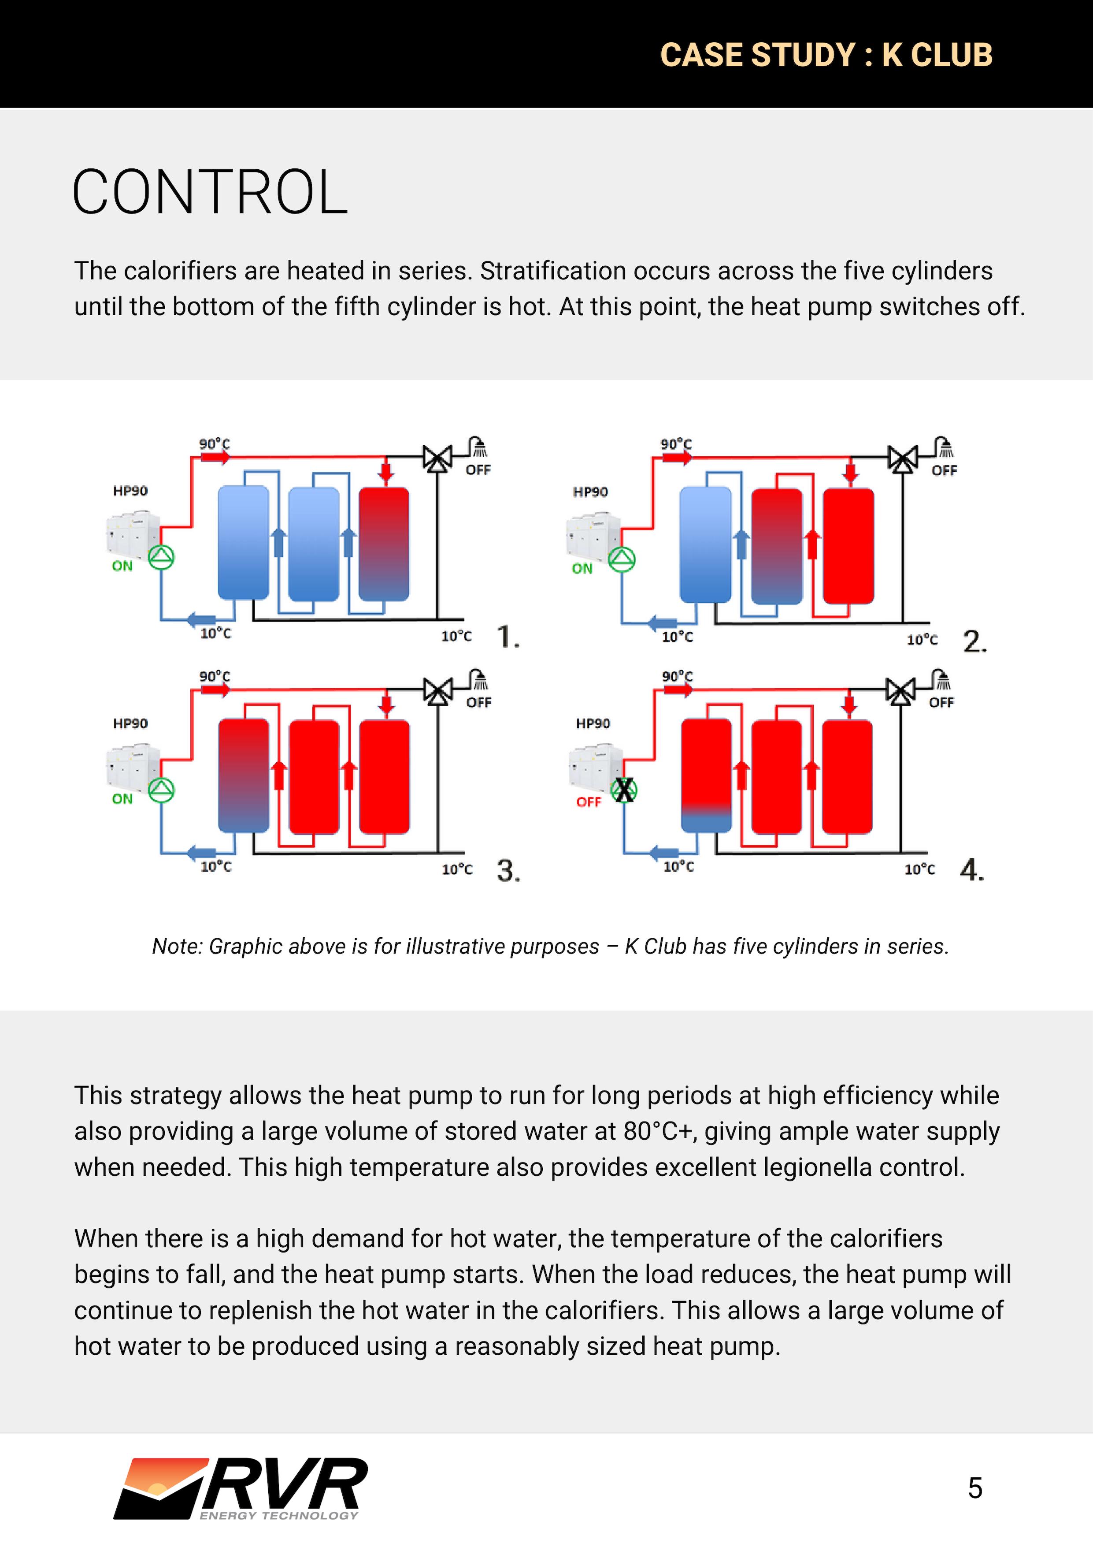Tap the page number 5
[x=974, y=1488]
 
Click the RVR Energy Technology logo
[x=241, y=1488]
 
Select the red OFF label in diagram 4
[x=588, y=802]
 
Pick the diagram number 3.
[x=508, y=871]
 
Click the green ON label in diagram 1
[x=122, y=566]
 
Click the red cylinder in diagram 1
[x=384, y=543]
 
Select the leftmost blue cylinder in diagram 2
[x=705, y=544]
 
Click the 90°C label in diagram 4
[x=677, y=676]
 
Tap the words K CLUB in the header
[x=937, y=55]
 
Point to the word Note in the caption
[x=174, y=947]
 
